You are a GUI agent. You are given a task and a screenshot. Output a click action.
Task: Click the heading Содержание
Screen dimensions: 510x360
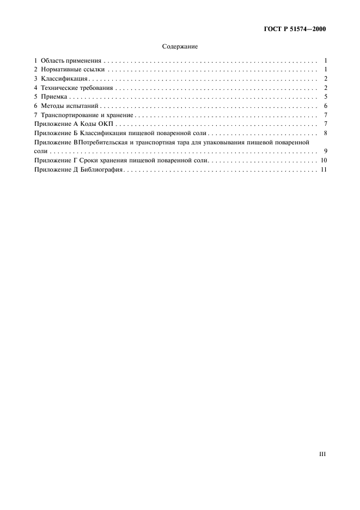pyautogui.click(x=180, y=47)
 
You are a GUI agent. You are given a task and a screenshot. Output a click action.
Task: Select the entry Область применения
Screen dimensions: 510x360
pyautogui.click(x=71, y=61)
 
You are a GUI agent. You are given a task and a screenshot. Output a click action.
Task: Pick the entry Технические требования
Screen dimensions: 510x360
pyautogui.click(x=76, y=88)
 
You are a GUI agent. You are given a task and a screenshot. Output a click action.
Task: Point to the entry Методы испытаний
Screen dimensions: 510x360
pyautogui.click(x=68, y=106)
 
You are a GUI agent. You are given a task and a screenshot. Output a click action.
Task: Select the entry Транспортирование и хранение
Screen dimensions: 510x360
pyautogui.click(x=87, y=115)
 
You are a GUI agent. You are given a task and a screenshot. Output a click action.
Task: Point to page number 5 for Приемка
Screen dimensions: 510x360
pyautogui.click(x=324, y=97)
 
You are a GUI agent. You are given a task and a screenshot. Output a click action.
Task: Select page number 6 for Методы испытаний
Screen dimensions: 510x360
pyautogui.click(x=324, y=106)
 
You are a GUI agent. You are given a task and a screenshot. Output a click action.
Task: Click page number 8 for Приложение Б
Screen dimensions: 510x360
pyautogui.click(x=324, y=133)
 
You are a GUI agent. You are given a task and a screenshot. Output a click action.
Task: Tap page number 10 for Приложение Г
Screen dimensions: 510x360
pyautogui.click(x=323, y=161)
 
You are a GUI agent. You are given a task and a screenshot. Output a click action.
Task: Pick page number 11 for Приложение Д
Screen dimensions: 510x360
pyautogui.click(x=323, y=171)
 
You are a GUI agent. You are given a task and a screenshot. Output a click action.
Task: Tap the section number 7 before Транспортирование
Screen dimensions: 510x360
pyautogui.click(x=35, y=115)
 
